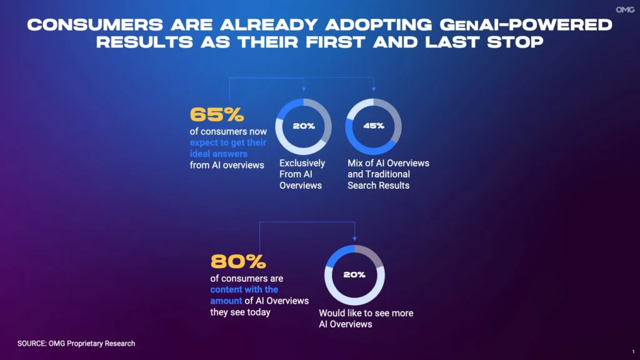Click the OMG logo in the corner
coord(625,10)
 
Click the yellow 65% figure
coord(217,115)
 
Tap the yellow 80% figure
coord(238,262)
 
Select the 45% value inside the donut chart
coord(374,126)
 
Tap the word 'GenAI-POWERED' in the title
coord(526,25)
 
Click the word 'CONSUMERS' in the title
coord(95,25)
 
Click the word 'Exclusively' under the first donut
coord(302,163)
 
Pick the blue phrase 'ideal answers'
coord(218,154)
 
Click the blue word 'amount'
coord(226,301)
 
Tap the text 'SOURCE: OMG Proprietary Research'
coord(76,344)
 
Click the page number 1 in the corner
coord(634,351)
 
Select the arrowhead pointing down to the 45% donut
coord(374,89)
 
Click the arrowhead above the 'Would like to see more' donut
coord(355,238)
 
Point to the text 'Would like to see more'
coord(366,313)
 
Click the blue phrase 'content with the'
coord(244,289)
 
